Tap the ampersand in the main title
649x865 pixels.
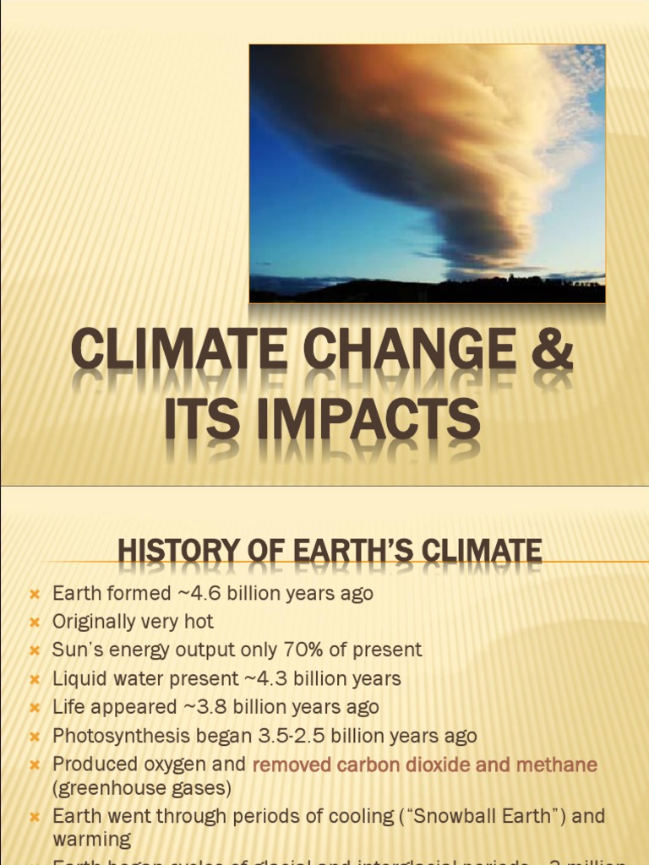click(x=550, y=351)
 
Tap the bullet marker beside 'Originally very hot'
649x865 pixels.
click(x=35, y=623)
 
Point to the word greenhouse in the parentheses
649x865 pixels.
click(x=104, y=789)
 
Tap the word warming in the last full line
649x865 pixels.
click(x=91, y=841)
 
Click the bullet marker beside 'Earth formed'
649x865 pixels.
click(x=35, y=595)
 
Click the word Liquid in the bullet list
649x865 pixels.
click(x=77, y=679)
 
